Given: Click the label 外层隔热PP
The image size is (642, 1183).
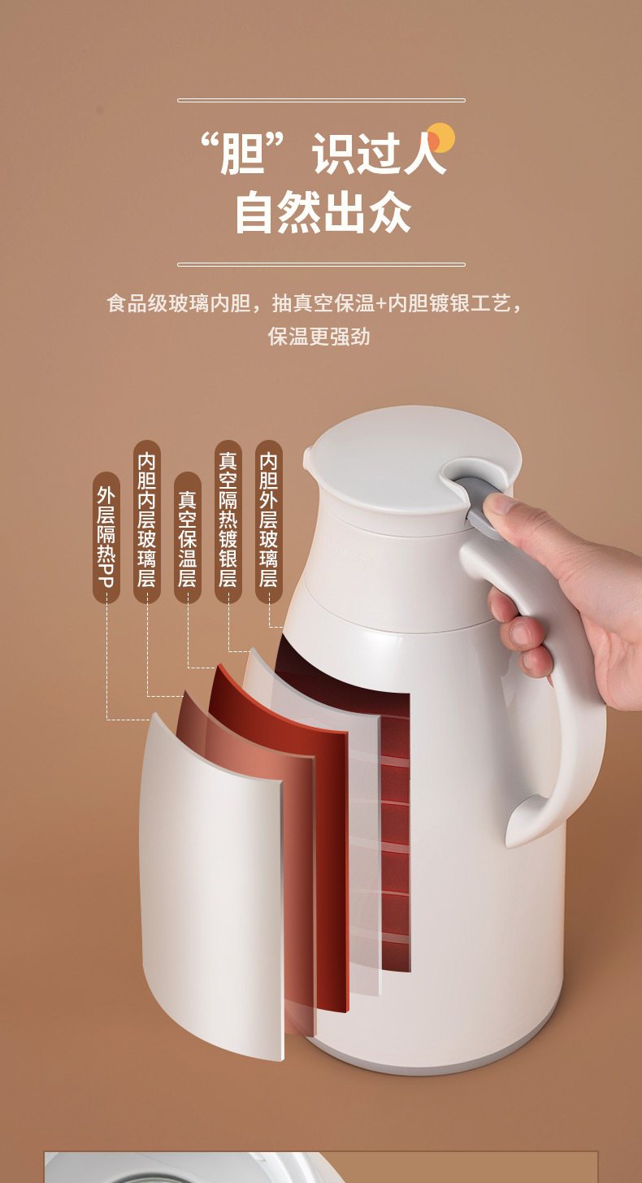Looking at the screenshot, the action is [x=106, y=537].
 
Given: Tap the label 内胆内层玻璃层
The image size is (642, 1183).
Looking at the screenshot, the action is [x=147, y=521].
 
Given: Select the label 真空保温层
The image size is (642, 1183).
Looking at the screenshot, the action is [x=188, y=537].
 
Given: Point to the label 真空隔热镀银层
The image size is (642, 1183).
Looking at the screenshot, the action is [x=228, y=521].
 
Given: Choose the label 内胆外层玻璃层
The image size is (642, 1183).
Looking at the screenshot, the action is [x=269, y=521].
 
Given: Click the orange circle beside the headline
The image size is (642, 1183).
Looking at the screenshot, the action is [x=440, y=138].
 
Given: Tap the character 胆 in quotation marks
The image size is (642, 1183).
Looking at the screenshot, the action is [x=241, y=154].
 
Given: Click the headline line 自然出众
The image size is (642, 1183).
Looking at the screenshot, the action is [x=323, y=212].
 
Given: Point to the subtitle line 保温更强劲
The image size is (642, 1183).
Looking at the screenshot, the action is [x=319, y=337].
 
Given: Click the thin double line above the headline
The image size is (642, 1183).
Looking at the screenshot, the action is [x=321, y=100].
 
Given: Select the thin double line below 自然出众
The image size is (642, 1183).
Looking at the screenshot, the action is [x=321, y=264].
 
